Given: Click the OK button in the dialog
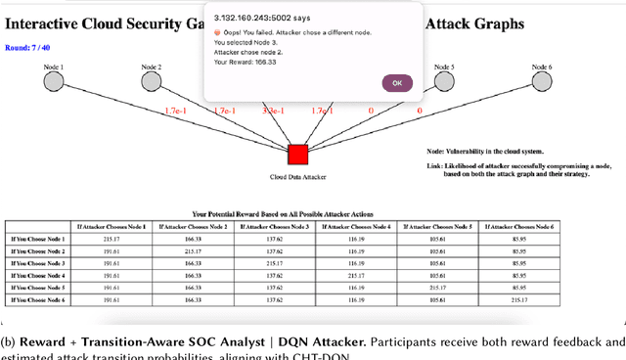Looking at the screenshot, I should click(397, 83).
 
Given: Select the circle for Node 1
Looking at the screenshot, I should click(54, 81).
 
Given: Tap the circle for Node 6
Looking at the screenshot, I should click(541, 81).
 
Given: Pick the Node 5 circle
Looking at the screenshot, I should click(444, 81).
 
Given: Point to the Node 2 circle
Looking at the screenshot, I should click(153, 81).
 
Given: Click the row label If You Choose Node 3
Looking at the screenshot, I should click(37, 263).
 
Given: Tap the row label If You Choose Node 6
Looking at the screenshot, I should click(37, 300).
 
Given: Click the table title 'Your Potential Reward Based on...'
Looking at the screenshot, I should click(281, 212).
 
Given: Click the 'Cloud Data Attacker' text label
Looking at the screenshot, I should click(297, 178).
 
